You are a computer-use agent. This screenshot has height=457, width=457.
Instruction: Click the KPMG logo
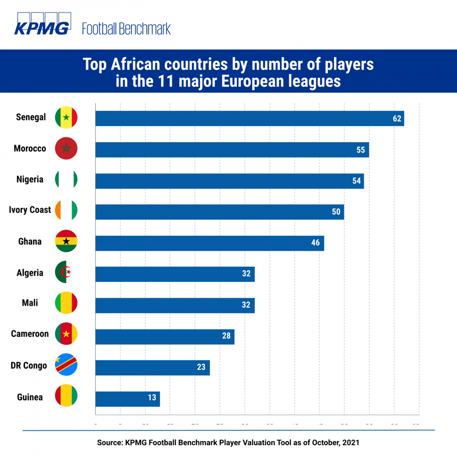(x=42, y=24)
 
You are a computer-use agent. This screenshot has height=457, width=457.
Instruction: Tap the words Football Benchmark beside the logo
(x=126, y=28)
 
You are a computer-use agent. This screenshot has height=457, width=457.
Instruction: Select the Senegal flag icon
(x=66, y=118)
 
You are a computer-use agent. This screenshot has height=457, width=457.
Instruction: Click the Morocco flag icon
(x=66, y=149)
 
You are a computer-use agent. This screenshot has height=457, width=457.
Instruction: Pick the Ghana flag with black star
(x=66, y=241)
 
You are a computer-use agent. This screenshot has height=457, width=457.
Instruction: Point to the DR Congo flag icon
(x=66, y=366)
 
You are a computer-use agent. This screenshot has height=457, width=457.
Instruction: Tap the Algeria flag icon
(x=66, y=273)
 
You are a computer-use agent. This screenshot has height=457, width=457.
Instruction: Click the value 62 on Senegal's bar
(x=397, y=118)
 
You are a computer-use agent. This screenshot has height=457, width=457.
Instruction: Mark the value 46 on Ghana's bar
(x=315, y=243)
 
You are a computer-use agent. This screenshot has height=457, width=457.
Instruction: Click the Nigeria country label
(x=30, y=179)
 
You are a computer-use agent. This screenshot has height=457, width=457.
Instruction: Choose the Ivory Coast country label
(x=30, y=210)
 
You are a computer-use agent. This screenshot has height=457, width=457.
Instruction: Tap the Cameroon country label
(x=30, y=334)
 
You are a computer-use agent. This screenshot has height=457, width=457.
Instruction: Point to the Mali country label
(x=30, y=303)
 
